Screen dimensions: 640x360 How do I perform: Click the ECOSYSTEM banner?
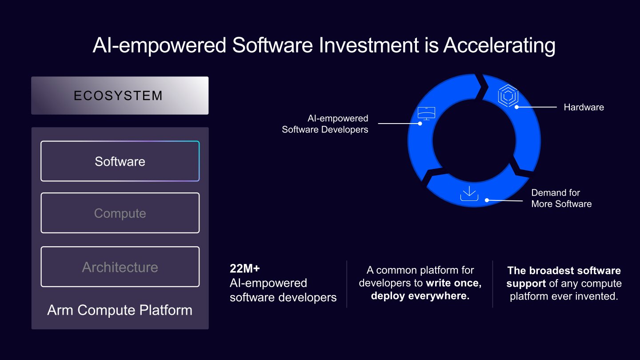pos(120,96)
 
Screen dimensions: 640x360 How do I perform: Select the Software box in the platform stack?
pos(120,161)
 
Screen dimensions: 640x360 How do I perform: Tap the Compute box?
pos(120,213)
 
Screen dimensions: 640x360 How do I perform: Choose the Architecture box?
pos(120,267)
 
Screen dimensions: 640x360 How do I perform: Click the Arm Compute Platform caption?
pos(120,310)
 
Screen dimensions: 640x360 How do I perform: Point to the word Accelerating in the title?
pos(499,46)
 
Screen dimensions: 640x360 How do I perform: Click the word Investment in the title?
pos(369,45)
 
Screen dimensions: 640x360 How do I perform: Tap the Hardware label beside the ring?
pos(584,107)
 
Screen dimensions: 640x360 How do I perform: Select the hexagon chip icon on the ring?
pos(508,96)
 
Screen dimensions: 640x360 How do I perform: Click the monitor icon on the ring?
pos(426,113)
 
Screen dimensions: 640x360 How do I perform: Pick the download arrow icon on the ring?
pos(469,193)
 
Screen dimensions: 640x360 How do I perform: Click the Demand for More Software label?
pos(561,198)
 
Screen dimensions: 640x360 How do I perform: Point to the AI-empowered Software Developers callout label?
pos(325,124)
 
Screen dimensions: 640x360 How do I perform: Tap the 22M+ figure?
pos(245,268)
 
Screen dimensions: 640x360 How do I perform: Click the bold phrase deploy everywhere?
pos(420,296)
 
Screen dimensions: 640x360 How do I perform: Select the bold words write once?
pos(454,283)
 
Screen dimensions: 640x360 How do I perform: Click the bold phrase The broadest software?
pos(564,270)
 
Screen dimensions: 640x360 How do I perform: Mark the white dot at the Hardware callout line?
pos(516,107)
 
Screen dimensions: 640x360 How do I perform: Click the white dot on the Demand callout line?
pos(487,200)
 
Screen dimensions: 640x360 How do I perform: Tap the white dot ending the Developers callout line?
pos(420,124)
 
